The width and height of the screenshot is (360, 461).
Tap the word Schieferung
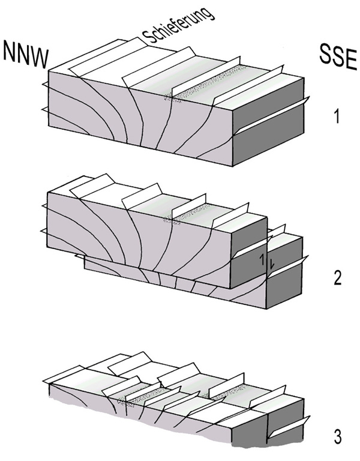177,25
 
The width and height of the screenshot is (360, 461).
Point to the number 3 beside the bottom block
338,438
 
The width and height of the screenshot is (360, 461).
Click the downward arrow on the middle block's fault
272,264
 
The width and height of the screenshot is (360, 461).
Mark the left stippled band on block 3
141,396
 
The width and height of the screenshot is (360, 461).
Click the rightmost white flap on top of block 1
247,86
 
